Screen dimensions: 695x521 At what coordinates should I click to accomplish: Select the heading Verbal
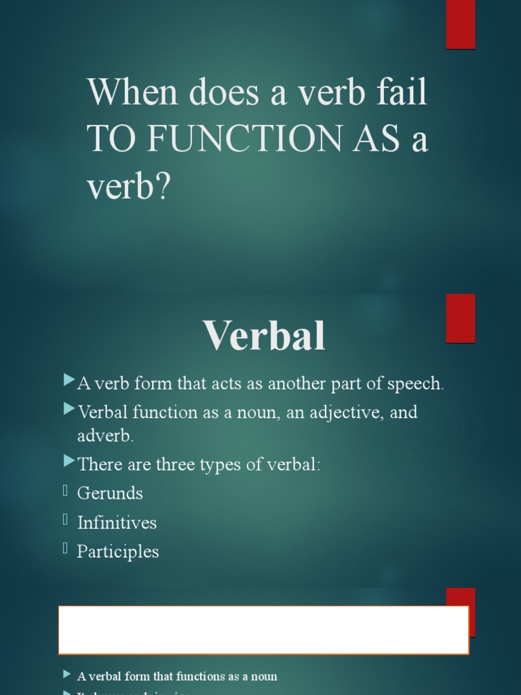264,335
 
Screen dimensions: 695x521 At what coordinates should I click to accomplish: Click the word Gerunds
110,493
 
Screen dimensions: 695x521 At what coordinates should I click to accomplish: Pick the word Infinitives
117,523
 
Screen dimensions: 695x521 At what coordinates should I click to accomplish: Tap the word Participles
118,552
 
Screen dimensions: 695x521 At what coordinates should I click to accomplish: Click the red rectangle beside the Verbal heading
461,318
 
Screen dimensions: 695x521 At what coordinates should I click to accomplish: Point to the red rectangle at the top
461,24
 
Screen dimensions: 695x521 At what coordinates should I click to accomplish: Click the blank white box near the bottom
263,630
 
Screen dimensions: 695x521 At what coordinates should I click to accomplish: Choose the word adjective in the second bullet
345,413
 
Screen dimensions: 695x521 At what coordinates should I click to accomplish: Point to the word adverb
104,436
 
